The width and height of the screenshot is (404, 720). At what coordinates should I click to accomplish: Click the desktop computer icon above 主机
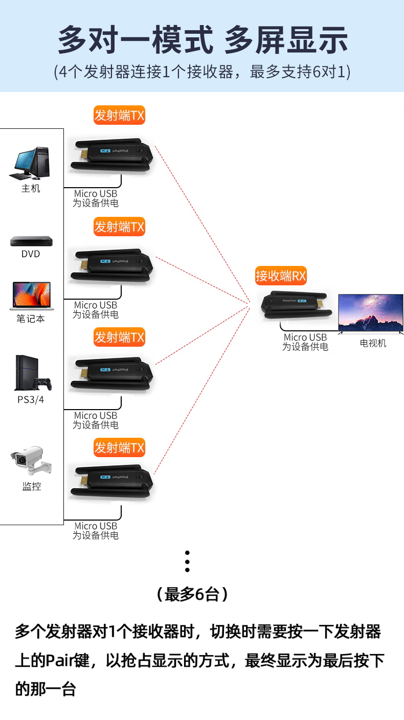click(31, 163)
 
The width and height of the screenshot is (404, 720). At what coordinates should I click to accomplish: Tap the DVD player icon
click(31, 241)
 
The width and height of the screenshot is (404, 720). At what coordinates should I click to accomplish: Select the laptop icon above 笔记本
click(31, 296)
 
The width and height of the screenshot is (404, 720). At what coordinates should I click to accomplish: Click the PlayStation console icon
click(32, 373)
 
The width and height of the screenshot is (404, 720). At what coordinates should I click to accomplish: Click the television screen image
click(371, 312)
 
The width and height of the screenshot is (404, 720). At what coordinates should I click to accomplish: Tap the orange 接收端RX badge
click(281, 276)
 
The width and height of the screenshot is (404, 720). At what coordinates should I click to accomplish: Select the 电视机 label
click(373, 343)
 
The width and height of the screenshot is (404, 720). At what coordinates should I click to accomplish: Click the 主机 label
click(31, 189)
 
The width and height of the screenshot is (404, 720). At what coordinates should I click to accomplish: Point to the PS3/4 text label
click(31, 399)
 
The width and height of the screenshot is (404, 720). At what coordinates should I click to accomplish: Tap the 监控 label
click(31, 486)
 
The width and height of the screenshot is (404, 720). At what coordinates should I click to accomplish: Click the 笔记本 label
click(31, 319)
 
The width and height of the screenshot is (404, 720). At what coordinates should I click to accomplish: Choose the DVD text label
click(31, 254)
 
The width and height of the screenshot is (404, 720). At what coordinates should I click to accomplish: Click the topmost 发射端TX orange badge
click(119, 115)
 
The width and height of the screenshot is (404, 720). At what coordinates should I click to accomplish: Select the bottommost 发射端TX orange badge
click(119, 447)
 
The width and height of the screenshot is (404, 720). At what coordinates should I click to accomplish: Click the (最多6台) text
click(192, 594)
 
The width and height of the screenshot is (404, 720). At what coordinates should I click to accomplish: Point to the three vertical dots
click(187, 561)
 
